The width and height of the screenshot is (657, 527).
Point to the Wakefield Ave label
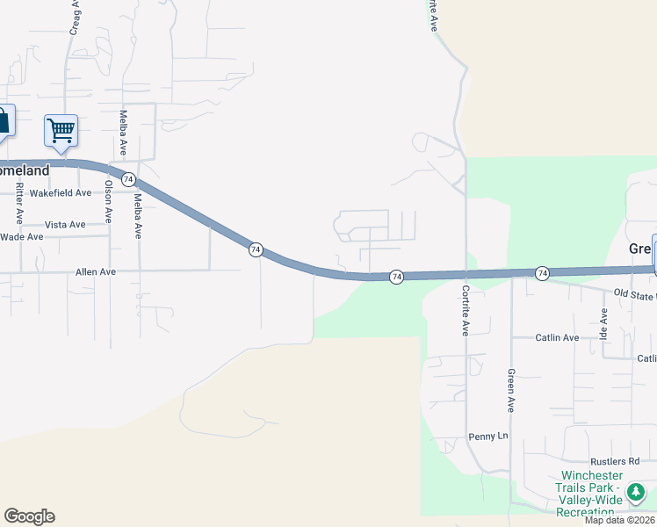[x=61, y=192]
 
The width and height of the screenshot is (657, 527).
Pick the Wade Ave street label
[x=22, y=237]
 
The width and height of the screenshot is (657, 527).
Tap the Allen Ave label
[x=96, y=272]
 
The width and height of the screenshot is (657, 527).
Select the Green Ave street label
[x=510, y=391]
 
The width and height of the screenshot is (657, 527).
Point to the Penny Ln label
[x=488, y=437]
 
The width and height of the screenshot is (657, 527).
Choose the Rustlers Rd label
[x=616, y=461]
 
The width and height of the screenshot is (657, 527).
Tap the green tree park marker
[x=635, y=492]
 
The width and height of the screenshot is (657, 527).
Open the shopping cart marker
[x=61, y=131]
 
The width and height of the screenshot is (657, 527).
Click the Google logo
[x=29, y=516]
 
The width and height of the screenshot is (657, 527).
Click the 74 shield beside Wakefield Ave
[x=129, y=179]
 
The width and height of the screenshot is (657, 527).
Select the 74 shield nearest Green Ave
[x=542, y=273]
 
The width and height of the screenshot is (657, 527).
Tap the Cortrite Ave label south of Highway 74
[x=465, y=309]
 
